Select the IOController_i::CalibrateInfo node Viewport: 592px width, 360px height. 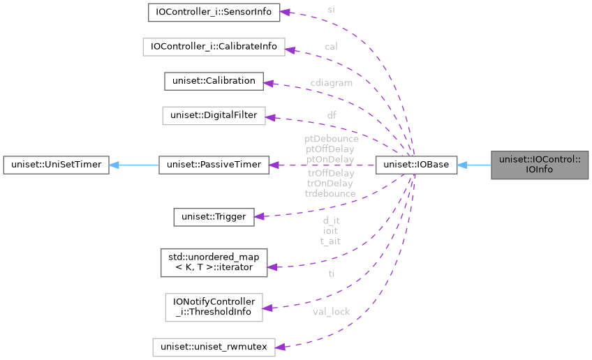point(214,47)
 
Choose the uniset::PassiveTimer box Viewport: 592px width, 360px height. point(214,165)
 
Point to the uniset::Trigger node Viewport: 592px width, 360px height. point(214,216)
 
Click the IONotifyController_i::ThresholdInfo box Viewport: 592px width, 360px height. point(214,307)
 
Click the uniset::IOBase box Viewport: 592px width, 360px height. point(416,165)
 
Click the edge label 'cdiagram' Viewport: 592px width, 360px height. point(332,83)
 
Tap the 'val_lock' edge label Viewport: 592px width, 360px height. point(332,312)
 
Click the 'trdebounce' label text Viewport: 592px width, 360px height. point(330,193)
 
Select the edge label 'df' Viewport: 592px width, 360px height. point(332,114)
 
